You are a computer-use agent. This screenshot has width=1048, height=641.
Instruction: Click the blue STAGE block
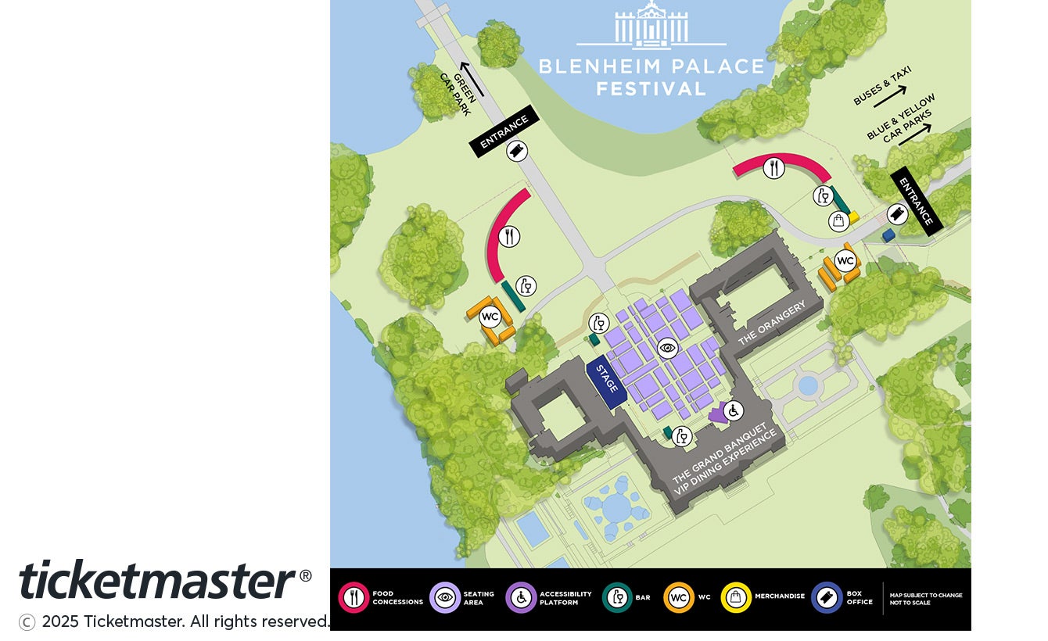click(x=607, y=383)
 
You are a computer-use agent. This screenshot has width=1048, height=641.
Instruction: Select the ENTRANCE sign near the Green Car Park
click(x=504, y=131)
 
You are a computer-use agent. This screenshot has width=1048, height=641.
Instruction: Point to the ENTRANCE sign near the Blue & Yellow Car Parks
click(x=917, y=201)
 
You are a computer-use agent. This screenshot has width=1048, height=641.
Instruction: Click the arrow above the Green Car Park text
click(x=472, y=79)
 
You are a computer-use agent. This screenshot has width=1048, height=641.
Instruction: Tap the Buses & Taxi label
click(x=881, y=85)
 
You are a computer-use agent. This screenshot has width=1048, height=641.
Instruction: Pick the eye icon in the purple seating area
click(x=667, y=348)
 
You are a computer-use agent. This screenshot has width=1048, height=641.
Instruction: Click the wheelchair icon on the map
click(x=733, y=410)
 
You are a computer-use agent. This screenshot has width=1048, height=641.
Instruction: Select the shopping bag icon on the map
click(x=838, y=221)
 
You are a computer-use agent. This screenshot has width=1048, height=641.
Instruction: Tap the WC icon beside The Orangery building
click(x=845, y=260)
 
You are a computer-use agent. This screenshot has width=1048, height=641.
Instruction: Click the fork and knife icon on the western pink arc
click(x=509, y=236)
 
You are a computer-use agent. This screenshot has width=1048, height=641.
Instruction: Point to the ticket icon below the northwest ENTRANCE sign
click(x=516, y=151)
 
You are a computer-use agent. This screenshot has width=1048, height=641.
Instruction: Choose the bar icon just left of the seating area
click(x=599, y=323)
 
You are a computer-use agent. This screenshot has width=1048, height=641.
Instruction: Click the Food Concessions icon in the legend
click(x=354, y=598)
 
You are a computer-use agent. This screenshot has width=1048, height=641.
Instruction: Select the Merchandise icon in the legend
click(x=736, y=598)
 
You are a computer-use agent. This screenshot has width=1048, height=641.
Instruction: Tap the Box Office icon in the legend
click(x=827, y=598)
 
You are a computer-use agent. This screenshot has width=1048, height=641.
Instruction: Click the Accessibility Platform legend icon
click(x=521, y=598)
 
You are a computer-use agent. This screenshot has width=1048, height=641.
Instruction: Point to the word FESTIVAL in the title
click(x=651, y=88)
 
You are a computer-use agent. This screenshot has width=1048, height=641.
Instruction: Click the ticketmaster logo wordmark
click(x=156, y=580)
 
